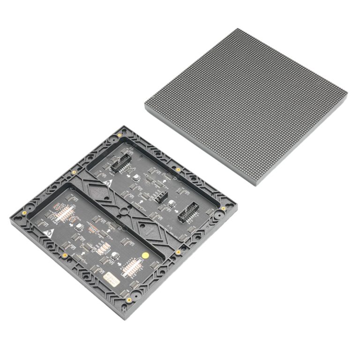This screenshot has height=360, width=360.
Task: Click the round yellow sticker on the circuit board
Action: pyautogui.click(x=145, y=255)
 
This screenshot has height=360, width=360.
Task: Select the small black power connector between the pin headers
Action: pyautogui.click(x=161, y=197)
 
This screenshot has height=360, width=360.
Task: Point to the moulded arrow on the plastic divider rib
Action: pyautogui.click(x=149, y=231)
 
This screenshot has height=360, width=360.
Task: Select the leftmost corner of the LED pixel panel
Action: pyautogui.click(x=145, y=104)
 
